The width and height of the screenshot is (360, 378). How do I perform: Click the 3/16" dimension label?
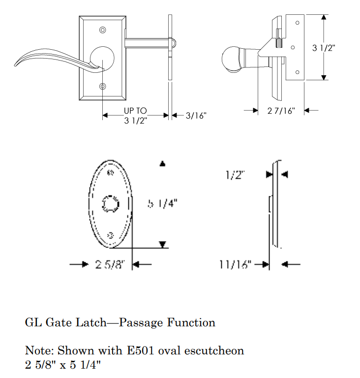[x=196, y=116]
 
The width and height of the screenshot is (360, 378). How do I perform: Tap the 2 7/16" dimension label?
[x=281, y=111]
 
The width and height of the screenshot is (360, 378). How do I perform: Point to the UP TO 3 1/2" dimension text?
[x=136, y=116]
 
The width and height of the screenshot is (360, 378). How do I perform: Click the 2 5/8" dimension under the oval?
[x=107, y=265]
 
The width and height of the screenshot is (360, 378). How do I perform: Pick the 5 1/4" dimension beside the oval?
[x=162, y=203]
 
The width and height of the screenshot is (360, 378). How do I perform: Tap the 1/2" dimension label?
[x=236, y=175]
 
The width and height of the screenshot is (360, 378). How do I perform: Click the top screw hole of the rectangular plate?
[x=103, y=30]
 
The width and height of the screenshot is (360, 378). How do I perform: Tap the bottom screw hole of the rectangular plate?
[x=103, y=87]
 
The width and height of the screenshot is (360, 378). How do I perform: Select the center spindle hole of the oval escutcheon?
[x=110, y=203]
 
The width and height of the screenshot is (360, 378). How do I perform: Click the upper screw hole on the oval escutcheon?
[x=110, y=172]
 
